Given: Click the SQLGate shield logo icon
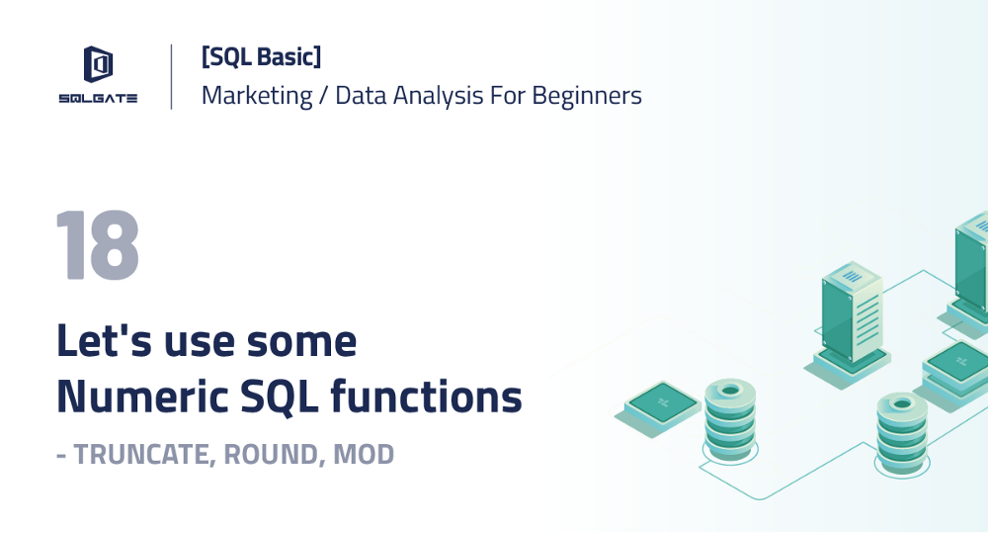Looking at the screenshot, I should coord(97,65).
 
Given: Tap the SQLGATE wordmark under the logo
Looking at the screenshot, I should coord(97,98).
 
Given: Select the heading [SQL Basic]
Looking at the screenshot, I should coord(261,57).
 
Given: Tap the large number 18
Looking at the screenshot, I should coord(97,246).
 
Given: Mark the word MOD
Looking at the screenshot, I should coord(364,455).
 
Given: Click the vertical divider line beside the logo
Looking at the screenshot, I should coord(172,76).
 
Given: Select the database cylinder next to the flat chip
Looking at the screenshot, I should coord(729,416).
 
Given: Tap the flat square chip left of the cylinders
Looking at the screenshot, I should coord(663,402).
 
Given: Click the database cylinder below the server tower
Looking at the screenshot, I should coord(902,428).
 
